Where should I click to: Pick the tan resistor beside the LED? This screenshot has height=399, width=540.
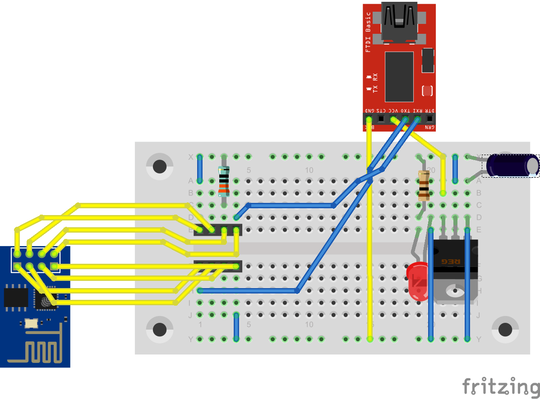pos(424,186)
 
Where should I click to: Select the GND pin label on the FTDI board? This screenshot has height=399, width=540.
pos(369,110)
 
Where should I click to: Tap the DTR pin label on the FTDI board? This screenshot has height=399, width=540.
pos(430,110)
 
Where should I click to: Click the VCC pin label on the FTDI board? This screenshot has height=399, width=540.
pos(393,110)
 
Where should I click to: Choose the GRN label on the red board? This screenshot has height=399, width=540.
pos(430,128)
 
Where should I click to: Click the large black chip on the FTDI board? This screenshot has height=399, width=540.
pos(399,76)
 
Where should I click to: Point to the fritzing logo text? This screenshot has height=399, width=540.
pos(501,387)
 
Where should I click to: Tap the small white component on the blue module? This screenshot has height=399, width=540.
pos(31,323)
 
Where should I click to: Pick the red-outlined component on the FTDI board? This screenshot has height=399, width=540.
pos(427,91)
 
